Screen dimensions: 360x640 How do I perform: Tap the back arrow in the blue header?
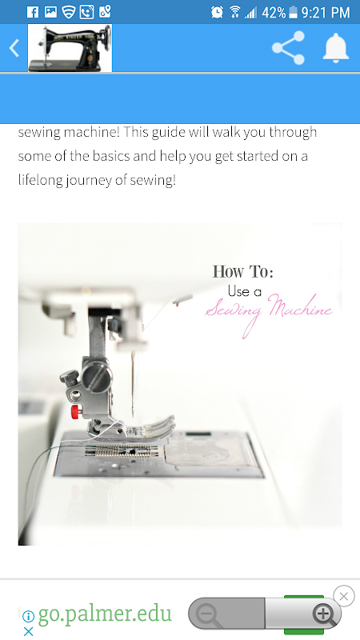14,48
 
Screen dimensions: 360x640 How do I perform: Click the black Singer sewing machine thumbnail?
70,48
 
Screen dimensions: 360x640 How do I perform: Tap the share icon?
288,48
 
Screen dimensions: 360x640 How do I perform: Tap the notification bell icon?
335,47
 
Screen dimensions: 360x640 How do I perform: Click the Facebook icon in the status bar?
32,12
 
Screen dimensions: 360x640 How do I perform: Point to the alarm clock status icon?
217,12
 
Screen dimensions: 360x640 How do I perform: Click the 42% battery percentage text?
274,13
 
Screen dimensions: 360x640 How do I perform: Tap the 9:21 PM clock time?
326,13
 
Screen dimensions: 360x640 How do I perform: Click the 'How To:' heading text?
243,271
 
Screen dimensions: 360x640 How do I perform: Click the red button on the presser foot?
75,412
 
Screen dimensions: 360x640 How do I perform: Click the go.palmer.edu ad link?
105,613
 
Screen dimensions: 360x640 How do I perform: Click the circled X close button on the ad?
344,596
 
